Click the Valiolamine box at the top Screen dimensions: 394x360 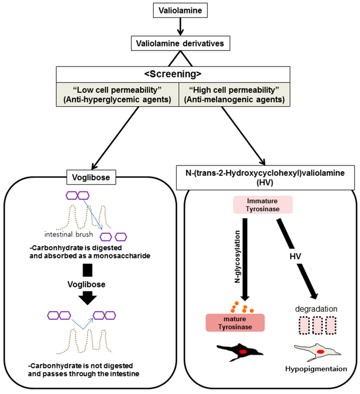[x=180, y=11]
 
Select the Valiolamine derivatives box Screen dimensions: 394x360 [x=180, y=44]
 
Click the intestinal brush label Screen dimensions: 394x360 [x=69, y=234]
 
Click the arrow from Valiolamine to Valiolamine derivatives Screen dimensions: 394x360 [x=180, y=27]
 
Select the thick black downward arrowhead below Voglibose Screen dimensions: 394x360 [x=86, y=298]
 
